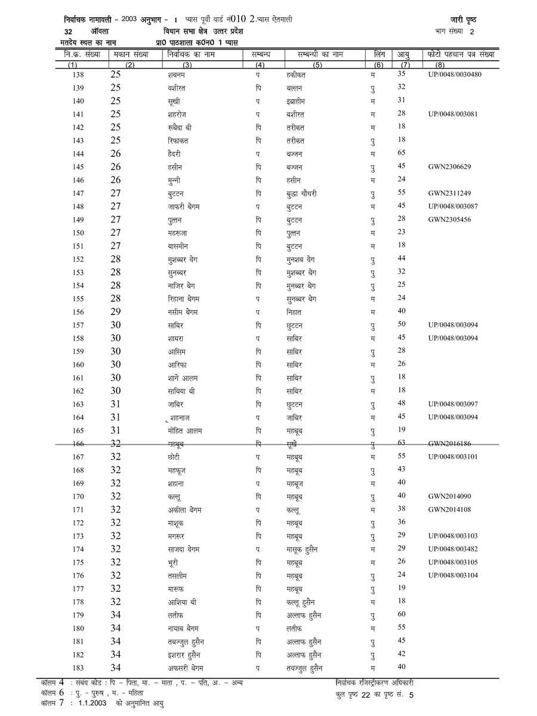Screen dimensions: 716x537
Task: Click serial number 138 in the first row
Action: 78,75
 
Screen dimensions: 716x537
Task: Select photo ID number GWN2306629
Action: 449,167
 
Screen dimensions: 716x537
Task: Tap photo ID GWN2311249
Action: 449,193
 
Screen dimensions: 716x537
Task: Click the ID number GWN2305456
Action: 449,220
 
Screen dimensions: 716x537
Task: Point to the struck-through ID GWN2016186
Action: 449,444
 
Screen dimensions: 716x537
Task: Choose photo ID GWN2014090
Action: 449,496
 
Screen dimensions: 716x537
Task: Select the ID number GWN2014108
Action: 449,510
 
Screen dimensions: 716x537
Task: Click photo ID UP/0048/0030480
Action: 455,75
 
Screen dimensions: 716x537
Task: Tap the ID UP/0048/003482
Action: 453,549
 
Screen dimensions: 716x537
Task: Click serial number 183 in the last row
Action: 78,667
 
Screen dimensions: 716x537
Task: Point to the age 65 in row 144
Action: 402,153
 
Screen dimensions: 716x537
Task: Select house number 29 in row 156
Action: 116,311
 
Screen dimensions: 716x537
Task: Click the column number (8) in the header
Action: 440,64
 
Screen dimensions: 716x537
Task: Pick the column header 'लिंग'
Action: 376,54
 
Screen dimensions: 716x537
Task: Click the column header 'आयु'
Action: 404,54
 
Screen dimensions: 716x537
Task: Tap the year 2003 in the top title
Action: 128,20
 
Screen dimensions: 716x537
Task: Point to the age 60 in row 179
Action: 402,614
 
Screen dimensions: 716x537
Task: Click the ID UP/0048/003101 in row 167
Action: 453,457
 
